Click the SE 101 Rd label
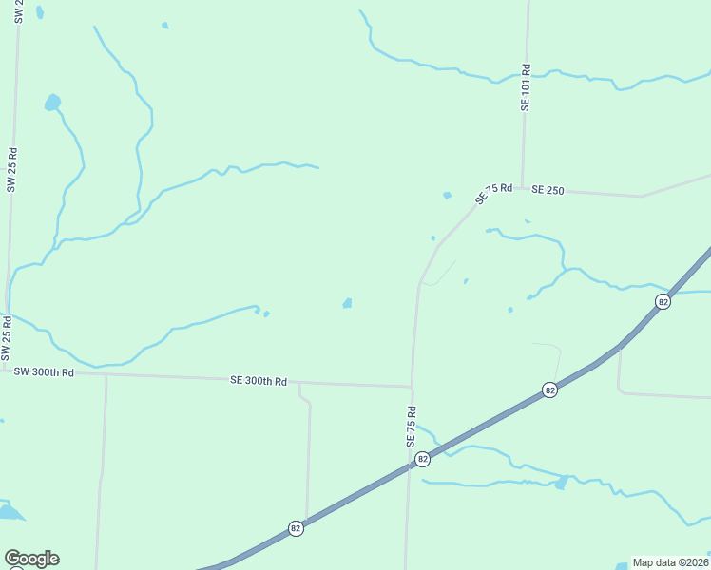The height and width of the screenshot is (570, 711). click(525, 87)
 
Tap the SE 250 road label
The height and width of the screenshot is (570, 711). click(548, 191)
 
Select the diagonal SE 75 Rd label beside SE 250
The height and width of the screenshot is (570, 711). click(494, 194)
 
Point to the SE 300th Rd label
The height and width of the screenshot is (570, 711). click(258, 381)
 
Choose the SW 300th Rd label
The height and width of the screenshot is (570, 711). click(44, 372)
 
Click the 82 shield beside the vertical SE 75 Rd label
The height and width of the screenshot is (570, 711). click(422, 459)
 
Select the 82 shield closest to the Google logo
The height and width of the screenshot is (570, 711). click(296, 528)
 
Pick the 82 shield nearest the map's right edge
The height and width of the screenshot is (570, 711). click(663, 301)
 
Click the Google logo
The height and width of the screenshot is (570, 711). click(31, 559)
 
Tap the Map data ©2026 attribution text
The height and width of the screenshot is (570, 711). click(670, 562)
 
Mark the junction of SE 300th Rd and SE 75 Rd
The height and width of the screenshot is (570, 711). click(412, 387)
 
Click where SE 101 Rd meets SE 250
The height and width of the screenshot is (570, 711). click(523, 188)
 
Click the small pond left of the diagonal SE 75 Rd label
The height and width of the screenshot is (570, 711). click(447, 196)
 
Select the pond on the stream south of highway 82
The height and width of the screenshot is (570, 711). click(562, 483)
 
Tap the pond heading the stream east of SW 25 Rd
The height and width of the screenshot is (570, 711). click(52, 102)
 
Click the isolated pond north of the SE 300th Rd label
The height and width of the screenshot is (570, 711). click(348, 303)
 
